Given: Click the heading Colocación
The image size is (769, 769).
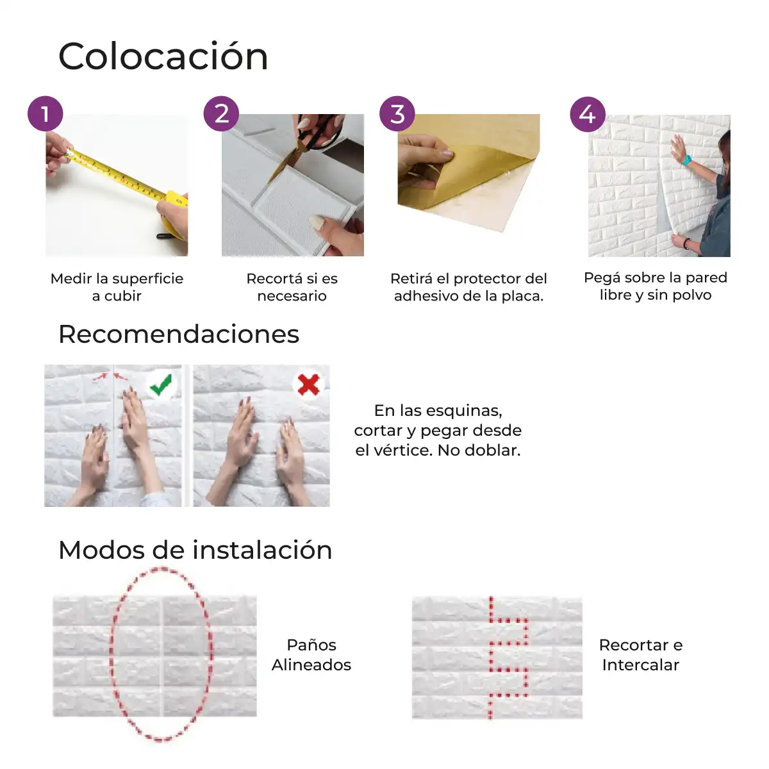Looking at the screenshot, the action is (163, 56).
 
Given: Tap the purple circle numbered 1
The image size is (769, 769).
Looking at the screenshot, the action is (45, 113).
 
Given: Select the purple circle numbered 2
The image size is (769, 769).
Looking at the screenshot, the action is (221, 113).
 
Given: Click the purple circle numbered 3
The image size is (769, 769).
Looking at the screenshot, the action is (397, 113).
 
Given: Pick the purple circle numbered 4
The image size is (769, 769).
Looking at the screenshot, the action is (588, 115).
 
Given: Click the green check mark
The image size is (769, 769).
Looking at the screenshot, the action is (161, 384).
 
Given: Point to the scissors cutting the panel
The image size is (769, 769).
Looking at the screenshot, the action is (310, 144).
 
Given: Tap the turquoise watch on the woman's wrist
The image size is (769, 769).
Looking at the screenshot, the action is (686, 160).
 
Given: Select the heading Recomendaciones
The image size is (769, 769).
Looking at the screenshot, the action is (179, 334).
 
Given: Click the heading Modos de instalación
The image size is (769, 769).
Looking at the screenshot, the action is (195, 550).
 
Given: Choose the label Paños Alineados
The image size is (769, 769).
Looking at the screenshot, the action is (311, 655).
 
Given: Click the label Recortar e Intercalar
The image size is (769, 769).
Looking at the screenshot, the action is (640, 655).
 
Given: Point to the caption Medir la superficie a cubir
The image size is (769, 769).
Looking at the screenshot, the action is (117, 287).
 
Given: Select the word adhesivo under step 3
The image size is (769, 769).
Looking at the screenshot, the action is (425, 296).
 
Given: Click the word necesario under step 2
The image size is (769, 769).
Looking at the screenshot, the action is (292, 296).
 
